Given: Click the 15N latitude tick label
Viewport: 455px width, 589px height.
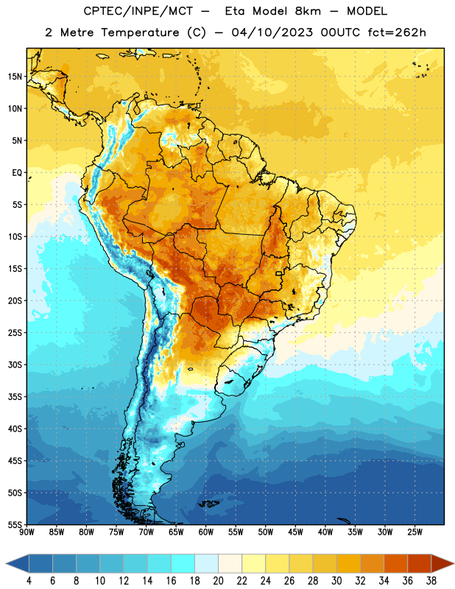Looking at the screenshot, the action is (x=15, y=77).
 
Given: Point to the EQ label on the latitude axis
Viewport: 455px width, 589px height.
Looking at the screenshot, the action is (x=17, y=173).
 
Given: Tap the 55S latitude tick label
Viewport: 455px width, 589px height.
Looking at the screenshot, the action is (x=15, y=524).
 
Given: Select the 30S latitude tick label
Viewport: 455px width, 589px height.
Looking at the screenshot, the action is (x=15, y=364).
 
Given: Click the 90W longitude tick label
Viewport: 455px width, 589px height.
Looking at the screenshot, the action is (x=27, y=532).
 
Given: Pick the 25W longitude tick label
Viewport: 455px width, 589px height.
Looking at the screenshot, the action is (x=415, y=532).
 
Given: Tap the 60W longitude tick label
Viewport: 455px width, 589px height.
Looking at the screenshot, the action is (x=206, y=532).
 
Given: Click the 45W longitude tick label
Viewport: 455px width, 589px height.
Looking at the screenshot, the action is (x=296, y=532).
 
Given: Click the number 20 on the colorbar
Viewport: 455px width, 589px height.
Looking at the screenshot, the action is (x=218, y=581).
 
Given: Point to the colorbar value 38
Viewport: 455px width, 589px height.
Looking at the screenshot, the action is (x=431, y=581).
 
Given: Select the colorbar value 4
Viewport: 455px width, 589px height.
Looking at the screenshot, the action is (x=29, y=581).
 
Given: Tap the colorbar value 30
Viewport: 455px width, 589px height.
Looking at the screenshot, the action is (x=336, y=581).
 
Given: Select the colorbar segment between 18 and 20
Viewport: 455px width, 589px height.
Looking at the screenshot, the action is (x=206, y=563).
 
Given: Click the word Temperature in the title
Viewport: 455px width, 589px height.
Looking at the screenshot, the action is (x=140, y=32).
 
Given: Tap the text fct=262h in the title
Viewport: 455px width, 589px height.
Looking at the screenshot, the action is (x=397, y=32).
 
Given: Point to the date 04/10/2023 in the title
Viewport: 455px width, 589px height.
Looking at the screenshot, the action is (x=272, y=32).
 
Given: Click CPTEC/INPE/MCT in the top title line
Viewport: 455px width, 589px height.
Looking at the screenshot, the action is (x=138, y=11).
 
